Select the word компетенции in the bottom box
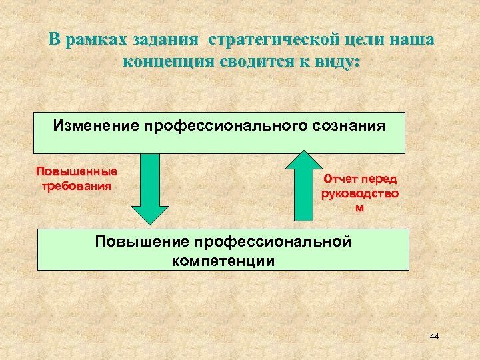tap(223, 260)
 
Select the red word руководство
tap(360, 194)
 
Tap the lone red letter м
tap(360, 208)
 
